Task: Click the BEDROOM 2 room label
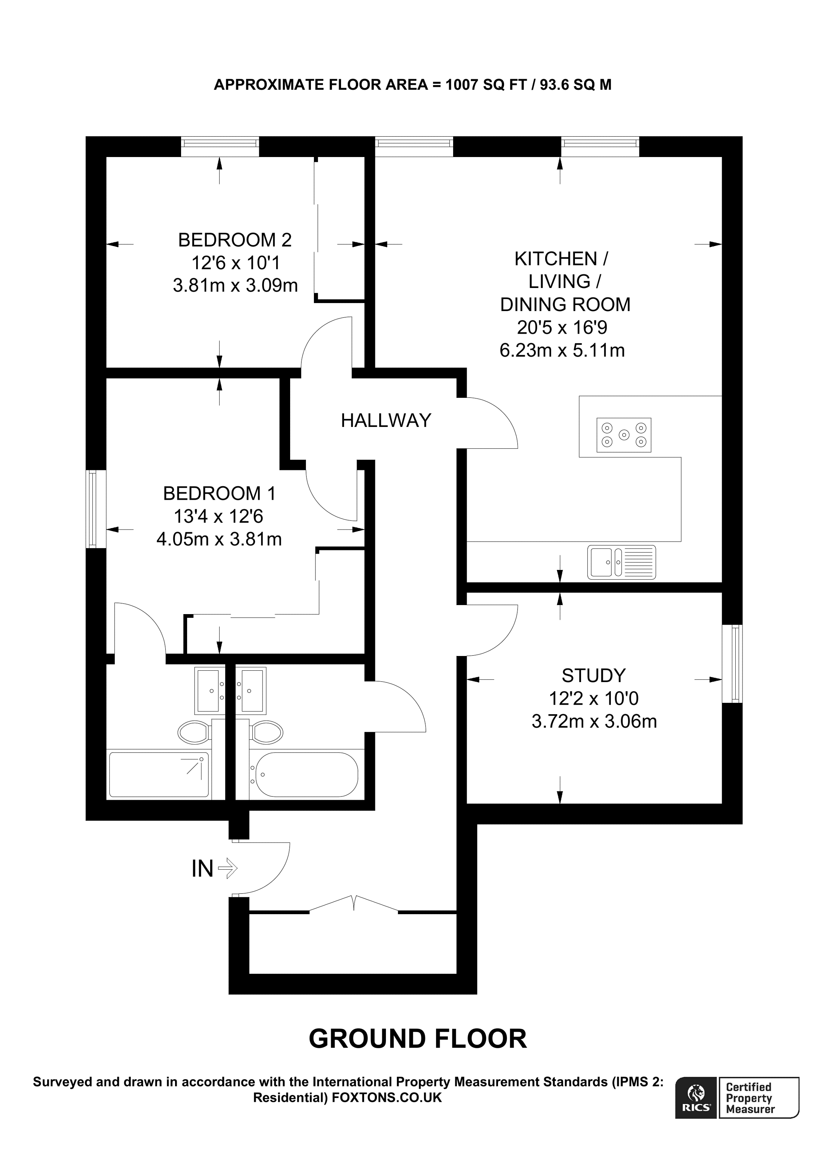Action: pos(235,240)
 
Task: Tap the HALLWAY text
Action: pos(386,420)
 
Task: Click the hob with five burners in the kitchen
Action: pos(623,435)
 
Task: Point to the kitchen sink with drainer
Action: pos(621,562)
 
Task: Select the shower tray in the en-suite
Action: pos(159,775)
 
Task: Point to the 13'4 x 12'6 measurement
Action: pos(218,516)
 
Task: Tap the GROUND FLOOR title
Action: pos(417,1039)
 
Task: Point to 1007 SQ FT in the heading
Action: pos(486,85)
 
